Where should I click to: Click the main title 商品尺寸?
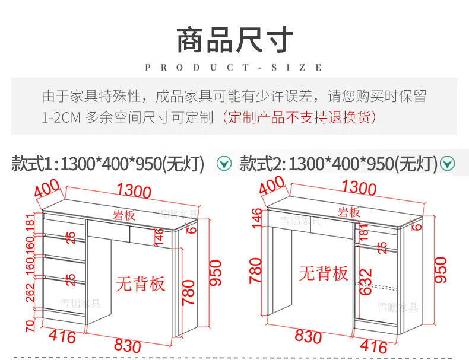coord(235,40)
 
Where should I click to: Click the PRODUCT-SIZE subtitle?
coord(234,68)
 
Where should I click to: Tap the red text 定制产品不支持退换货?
coord(299,117)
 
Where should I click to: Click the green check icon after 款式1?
coord(224,163)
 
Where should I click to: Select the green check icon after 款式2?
coord(446,163)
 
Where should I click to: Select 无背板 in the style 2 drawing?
coord(323,273)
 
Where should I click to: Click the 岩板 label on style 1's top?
coord(124,214)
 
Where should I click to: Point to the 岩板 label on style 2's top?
coord(349,212)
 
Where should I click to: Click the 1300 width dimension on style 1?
coord(134,190)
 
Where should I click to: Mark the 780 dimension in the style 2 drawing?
coord(256,270)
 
